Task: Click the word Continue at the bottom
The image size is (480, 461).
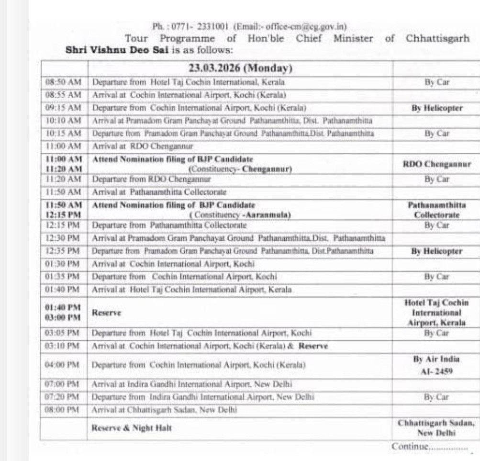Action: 409,446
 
